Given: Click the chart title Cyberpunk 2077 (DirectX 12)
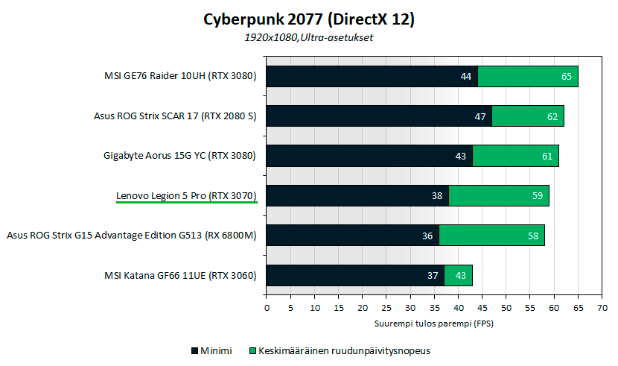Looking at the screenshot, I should (x=309, y=19).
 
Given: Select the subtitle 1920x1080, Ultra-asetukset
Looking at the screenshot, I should (x=309, y=37).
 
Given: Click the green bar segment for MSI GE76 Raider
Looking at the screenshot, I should (x=528, y=76).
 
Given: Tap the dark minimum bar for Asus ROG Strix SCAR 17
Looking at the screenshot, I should (x=378, y=116).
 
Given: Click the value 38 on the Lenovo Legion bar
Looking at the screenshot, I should (x=437, y=196).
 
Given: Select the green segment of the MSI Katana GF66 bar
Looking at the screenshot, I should (x=458, y=275).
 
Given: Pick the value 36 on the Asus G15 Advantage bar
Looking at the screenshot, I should (x=427, y=236).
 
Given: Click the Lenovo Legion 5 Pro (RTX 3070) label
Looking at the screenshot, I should (x=186, y=195).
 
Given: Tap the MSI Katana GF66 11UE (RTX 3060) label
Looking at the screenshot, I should (x=180, y=275).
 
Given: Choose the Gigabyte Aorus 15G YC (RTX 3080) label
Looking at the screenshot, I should (x=179, y=156).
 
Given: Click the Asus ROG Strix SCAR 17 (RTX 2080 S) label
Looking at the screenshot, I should (x=175, y=116).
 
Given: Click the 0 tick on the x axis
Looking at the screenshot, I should (x=267, y=307).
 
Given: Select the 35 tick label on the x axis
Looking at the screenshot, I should (x=434, y=307).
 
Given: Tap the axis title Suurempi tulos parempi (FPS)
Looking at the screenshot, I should (x=434, y=324).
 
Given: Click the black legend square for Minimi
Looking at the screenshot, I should (x=195, y=350).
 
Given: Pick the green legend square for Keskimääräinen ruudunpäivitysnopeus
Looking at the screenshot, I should (x=252, y=350).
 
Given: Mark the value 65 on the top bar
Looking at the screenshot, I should (x=566, y=76).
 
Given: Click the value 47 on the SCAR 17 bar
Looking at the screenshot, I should (x=480, y=116).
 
